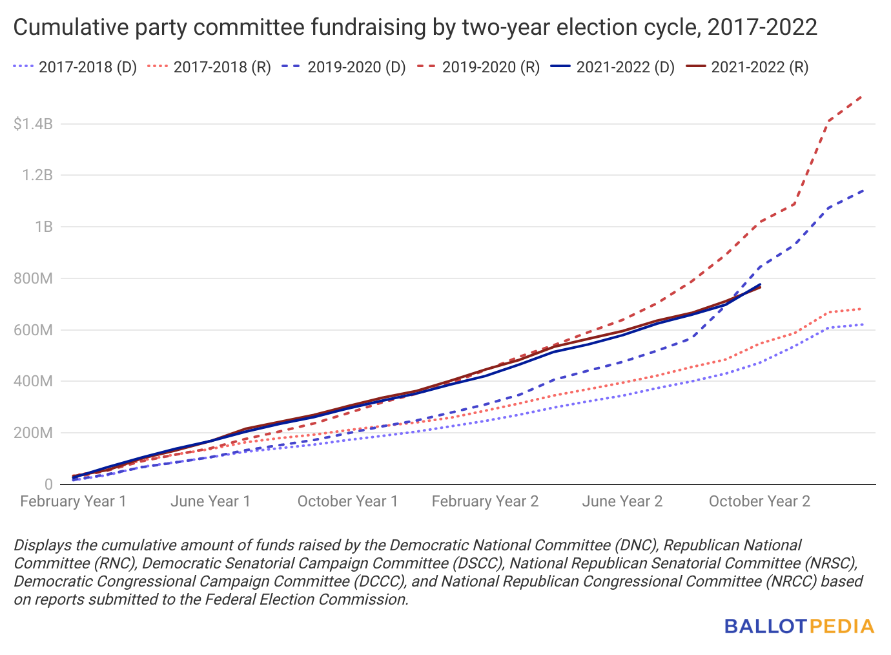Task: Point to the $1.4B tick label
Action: [x=33, y=123]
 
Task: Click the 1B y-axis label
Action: [x=44, y=227]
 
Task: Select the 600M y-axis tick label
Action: [x=33, y=330]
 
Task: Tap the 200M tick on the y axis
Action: [x=33, y=433]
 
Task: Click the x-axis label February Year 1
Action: [x=74, y=501]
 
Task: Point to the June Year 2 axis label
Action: [x=622, y=501]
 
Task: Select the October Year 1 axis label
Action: [x=347, y=501]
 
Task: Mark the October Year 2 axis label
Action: [x=759, y=501]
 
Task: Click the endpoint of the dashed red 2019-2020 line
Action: [x=863, y=96]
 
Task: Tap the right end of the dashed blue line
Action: [x=863, y=191]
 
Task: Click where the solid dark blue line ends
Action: [x=760, y=284]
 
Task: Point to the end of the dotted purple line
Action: [x=863, y=324]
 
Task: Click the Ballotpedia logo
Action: [x=799, y=626]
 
